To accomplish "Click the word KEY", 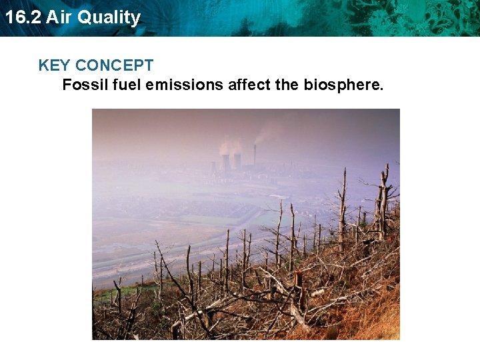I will click(55, 65).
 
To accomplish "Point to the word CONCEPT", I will click(114, 65).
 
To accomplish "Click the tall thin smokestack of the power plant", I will click(255, 156).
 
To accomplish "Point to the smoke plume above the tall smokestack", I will click(267, 131).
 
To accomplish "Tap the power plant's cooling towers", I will click(231, 162).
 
